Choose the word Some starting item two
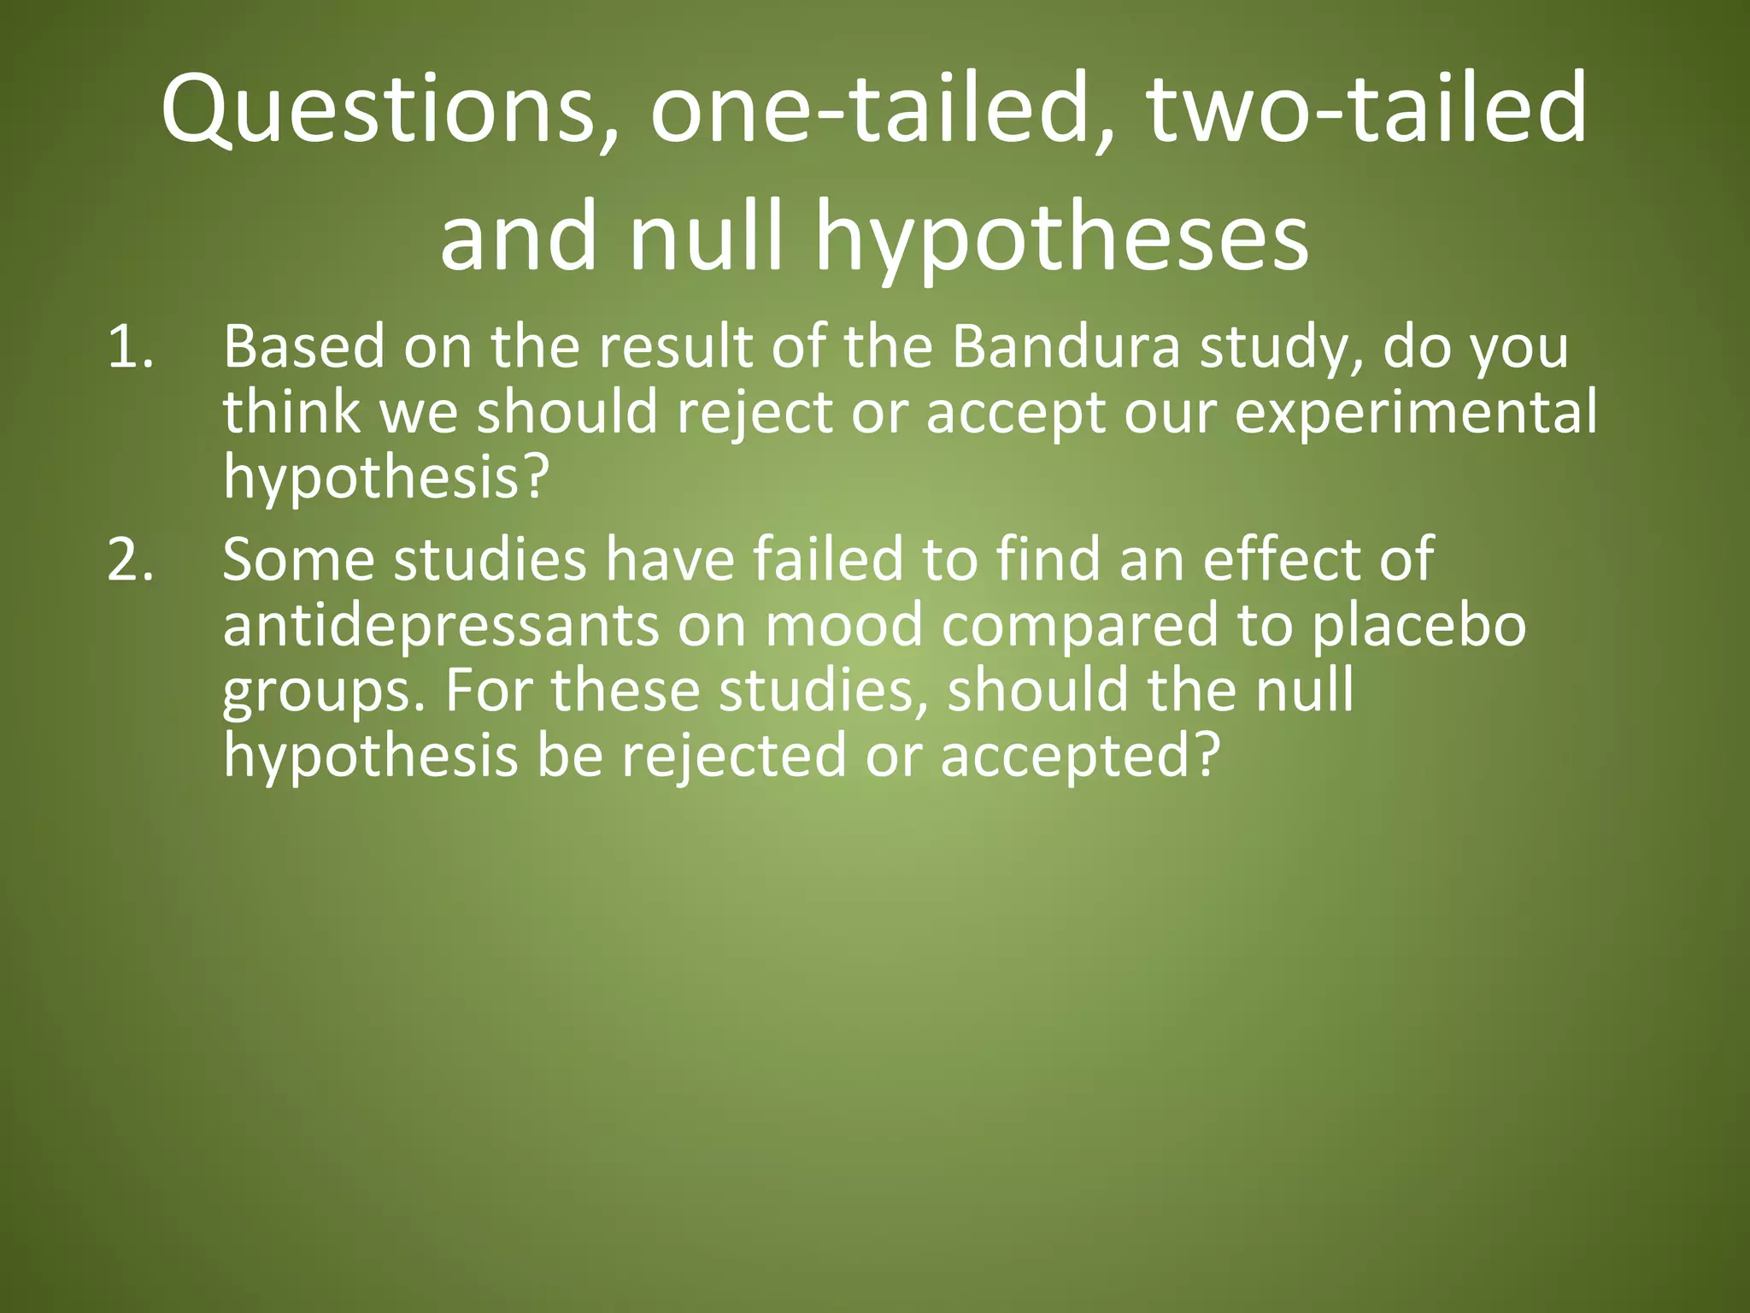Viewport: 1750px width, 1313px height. click(x=298, y=560)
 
